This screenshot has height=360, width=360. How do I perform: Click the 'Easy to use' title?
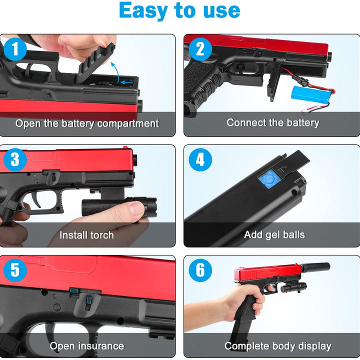[180, 11]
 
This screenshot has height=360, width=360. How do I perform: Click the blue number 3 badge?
[15, 159]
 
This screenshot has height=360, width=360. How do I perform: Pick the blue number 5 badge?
[15, 270]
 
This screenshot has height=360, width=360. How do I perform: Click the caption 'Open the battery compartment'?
[87, 123]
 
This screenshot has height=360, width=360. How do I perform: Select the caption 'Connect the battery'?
[272, 122]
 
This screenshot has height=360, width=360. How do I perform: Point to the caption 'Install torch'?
[87, 234]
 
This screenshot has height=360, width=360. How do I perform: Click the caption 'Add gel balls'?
[274, 234]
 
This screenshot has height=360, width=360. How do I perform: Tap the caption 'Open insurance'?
[87, 345]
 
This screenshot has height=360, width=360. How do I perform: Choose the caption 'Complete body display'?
[277, 345]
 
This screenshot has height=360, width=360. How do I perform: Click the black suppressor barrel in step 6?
[315, 267]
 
